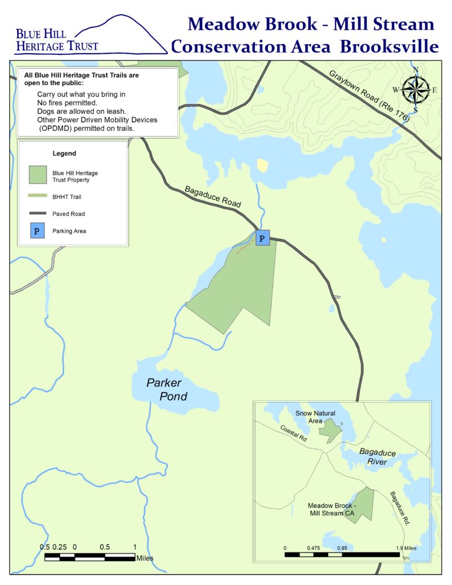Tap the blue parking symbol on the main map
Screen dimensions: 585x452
point(262,238)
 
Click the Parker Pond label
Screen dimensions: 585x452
point(166,389)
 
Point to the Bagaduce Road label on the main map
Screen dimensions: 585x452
point(213,196)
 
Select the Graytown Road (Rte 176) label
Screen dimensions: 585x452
point(369,95)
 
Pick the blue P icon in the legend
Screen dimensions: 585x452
point(38,231)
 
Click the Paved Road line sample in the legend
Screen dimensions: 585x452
point(38,214)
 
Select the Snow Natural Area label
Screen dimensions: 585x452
point(315,416)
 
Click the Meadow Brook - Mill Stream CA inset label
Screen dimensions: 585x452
point(332,510)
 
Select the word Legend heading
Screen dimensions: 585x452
point(64,154)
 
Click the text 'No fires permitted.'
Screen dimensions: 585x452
point(67,103)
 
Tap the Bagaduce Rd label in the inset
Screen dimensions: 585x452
point(399,507)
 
